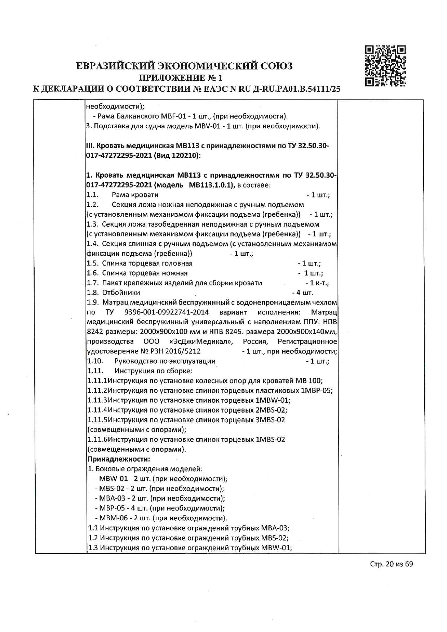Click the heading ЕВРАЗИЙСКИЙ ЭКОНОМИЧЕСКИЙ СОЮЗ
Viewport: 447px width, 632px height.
(184, 66)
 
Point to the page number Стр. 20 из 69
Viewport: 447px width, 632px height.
(391, 574)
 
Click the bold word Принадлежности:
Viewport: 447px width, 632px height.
(119, 459)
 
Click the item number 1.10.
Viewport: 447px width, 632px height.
(95, 361)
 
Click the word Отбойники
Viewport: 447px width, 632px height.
(121, 293)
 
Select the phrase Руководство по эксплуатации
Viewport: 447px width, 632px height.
(165, 361)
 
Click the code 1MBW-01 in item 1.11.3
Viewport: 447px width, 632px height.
(273, 400)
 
